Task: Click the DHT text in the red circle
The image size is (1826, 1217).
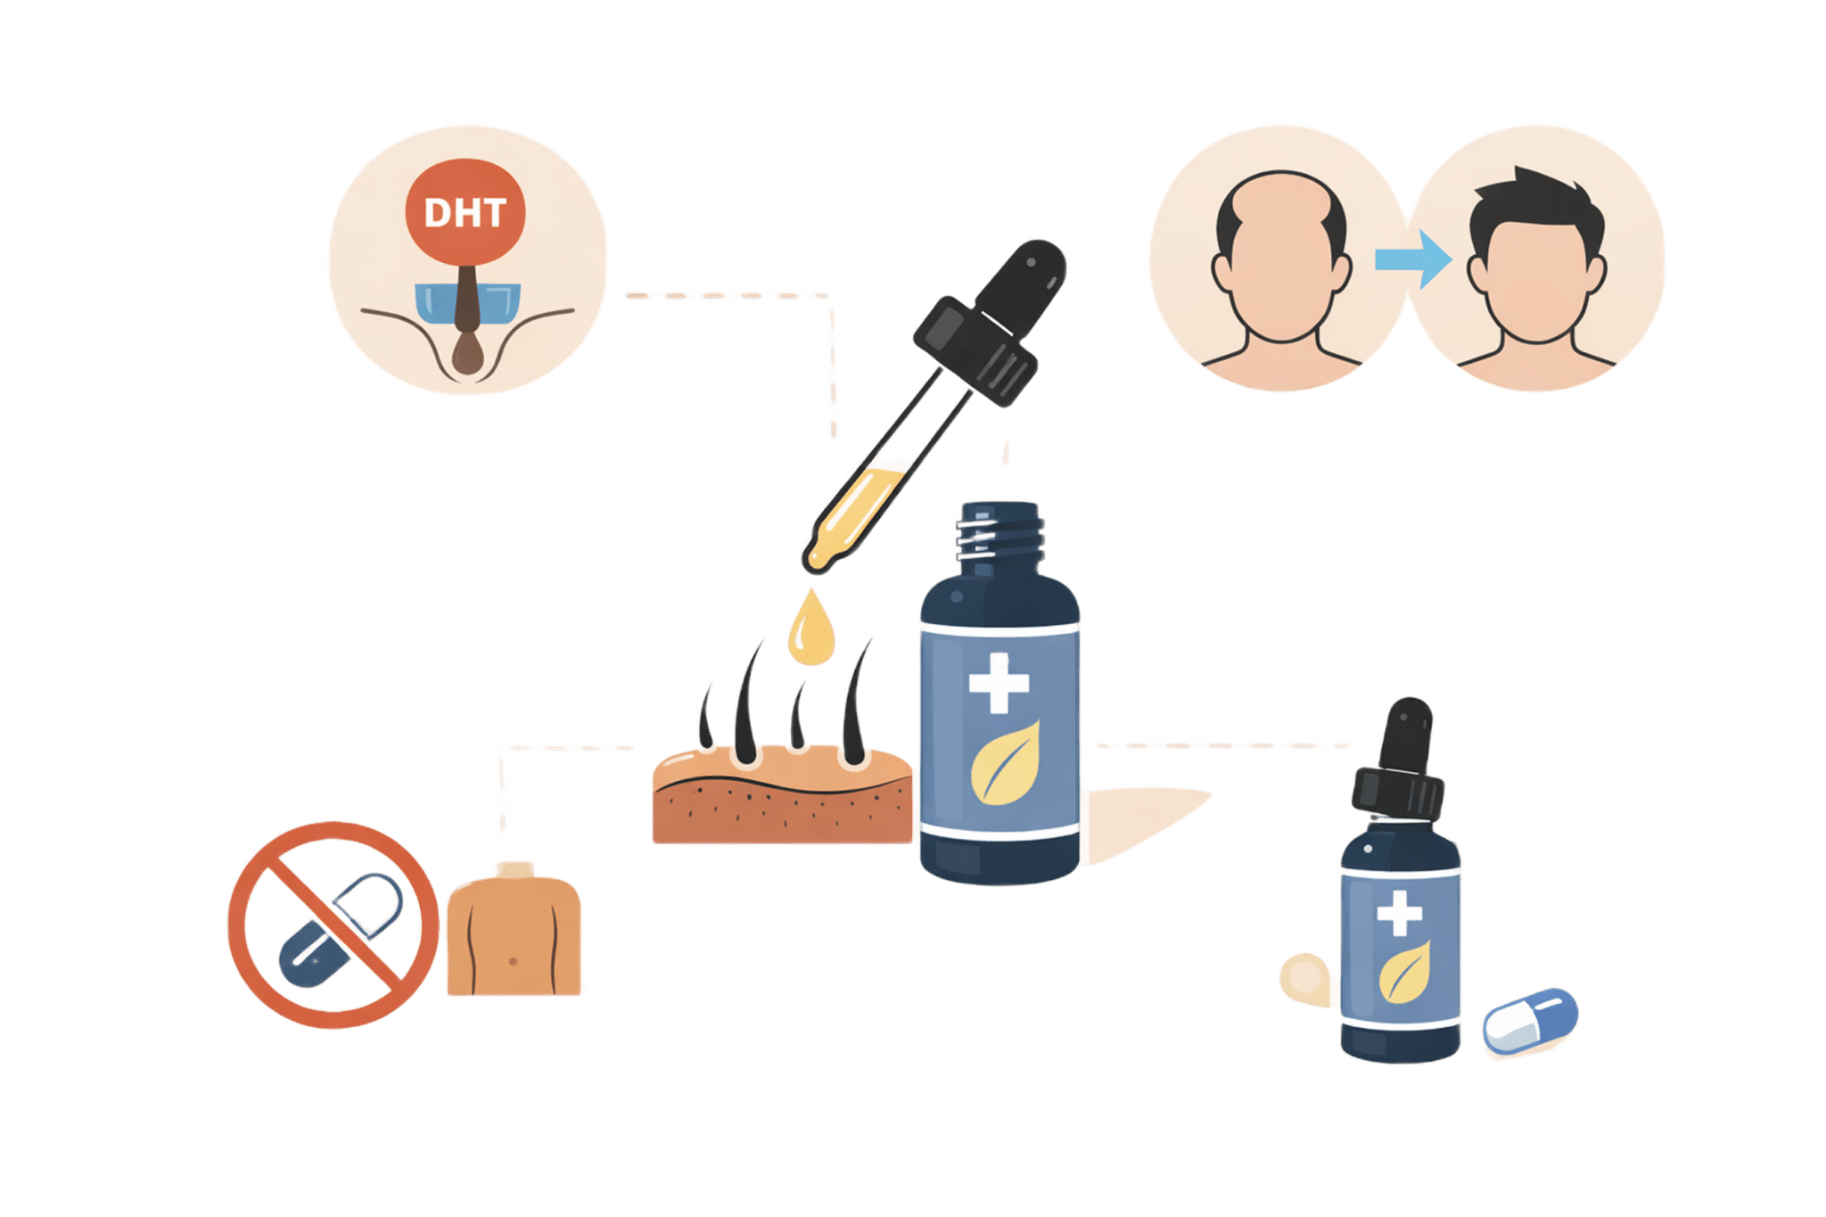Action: point(465,213)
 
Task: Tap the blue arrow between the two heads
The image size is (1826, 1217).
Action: point(1412,259)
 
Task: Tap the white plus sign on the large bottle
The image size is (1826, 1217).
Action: point(999,683)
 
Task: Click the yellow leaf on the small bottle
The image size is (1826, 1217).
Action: point(1405,973)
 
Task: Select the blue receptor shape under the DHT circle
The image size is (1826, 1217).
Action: point(437,303)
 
